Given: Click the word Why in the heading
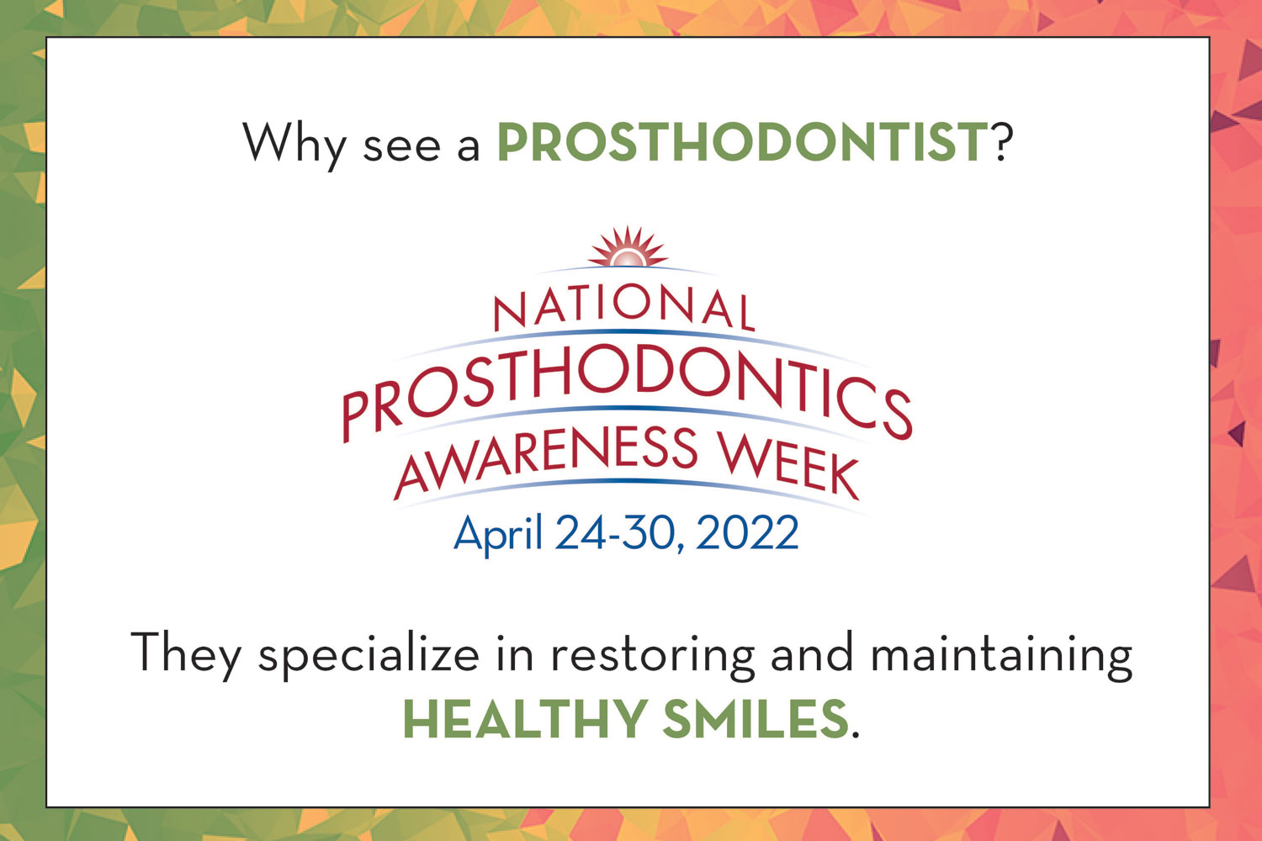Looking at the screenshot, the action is (294, 145).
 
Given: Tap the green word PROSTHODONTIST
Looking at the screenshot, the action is (743, 141).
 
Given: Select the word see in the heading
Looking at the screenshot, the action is (401, 148).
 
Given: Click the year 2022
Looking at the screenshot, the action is (747, 532).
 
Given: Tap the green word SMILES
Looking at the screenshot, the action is (756, 719).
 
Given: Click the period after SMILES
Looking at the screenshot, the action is (856, 733).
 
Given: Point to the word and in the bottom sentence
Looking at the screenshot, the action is (812, 653).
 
